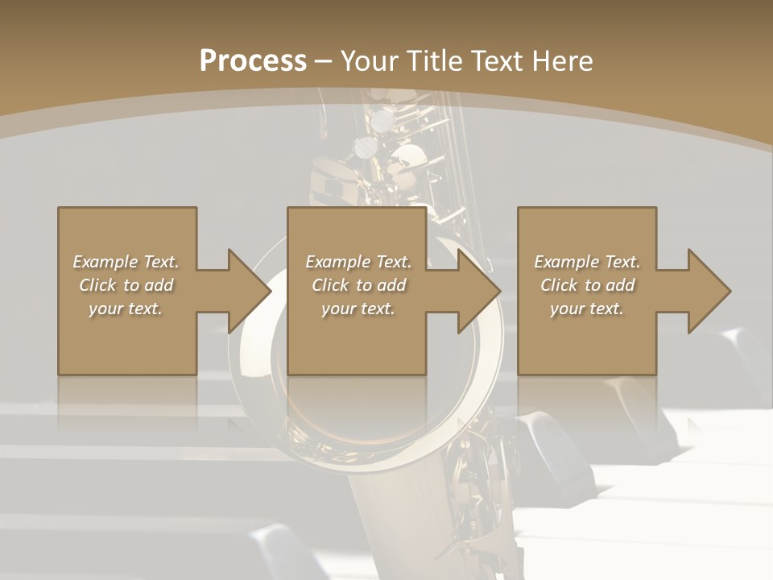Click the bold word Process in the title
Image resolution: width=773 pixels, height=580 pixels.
(x=253, y=61)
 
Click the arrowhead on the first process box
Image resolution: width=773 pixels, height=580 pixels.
(x=249, y=291)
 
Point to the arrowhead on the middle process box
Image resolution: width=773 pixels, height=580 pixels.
(x=479, y=291)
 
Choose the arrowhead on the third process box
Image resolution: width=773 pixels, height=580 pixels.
(x=709, y=291)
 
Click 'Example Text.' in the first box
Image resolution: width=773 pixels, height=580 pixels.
(x=126, y=262)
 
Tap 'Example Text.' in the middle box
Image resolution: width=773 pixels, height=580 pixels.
(x=358, y=262)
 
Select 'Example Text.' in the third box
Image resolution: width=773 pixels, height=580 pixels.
(x=587, y=262)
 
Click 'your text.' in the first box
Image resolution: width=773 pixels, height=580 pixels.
(x=126, y=309)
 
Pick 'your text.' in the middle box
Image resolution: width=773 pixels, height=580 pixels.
(x=358, y=309)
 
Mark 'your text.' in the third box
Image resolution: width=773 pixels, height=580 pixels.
(x=587, y=309)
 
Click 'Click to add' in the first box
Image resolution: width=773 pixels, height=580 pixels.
(x=126, y=285)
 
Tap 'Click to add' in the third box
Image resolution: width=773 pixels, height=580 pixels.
(x=587, y=285)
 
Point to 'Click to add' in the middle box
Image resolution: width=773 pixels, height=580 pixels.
(x=358, y=285)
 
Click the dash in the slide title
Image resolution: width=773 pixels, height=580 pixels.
(x=323, y=61)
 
